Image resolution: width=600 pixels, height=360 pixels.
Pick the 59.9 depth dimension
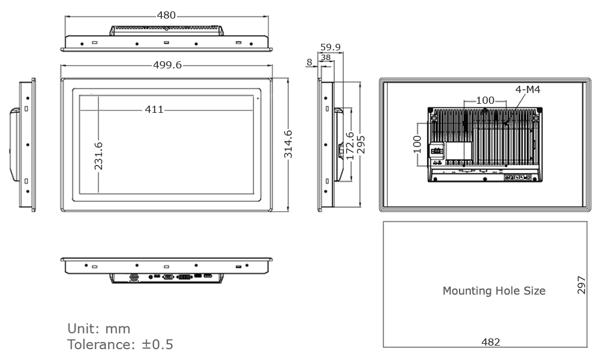[x=330, y=47]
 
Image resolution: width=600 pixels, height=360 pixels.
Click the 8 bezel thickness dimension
[x=309, y=62]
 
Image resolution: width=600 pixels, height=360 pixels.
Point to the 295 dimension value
[x=361, y=144]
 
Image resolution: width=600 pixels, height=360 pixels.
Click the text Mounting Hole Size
[x=494, y=291]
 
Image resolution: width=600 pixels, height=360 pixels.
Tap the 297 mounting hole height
[x=581, y=285]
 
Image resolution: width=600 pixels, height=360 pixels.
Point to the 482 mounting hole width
[x=491, y=341]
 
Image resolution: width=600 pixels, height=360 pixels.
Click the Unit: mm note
[x=98, y=329]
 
